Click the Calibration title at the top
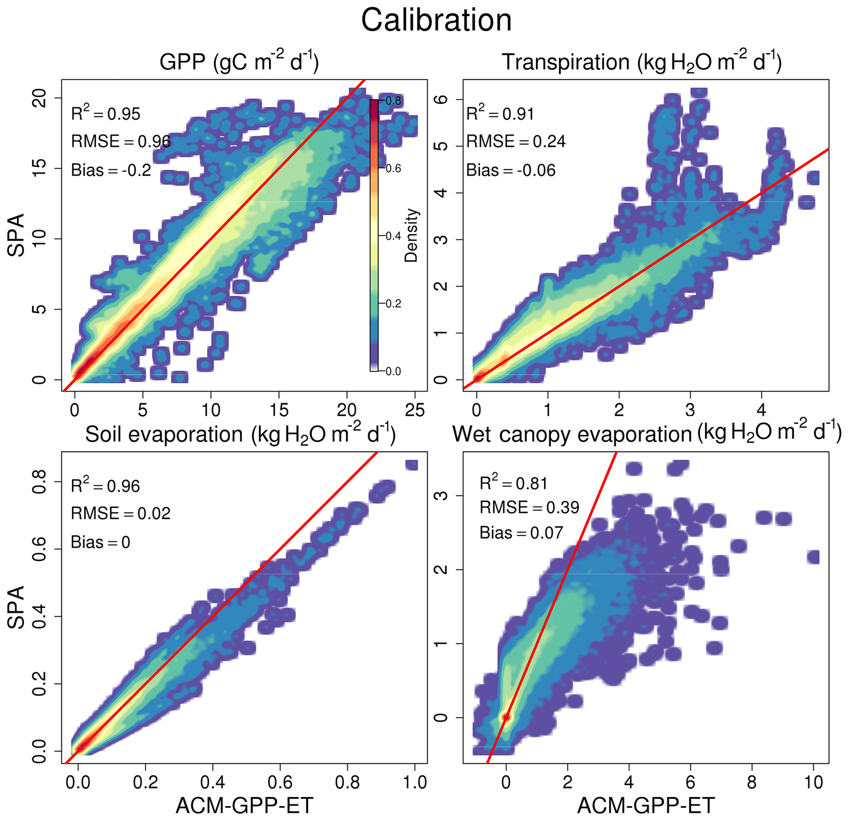(436, 21)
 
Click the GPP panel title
(239, 62)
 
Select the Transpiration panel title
(642, 62)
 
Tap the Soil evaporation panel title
(240, 434)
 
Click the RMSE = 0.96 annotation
(121, 141)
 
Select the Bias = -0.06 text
(511, 170)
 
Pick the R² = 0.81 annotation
(513, 483)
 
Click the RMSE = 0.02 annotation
(121, 513)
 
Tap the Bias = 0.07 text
(521, 532)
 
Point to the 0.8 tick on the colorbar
(393, 101)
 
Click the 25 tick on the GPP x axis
(414, 410)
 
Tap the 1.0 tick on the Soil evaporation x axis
(414, 782)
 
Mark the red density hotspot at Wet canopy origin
(506, 718)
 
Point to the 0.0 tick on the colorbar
(393, 371)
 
